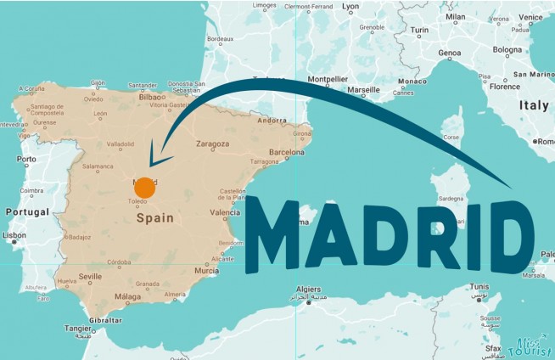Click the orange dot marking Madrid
coord(145,188)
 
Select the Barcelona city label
coord(286,153)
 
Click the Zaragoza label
coord(212,144)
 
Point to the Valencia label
coord(225,212)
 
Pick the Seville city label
coord(90,277)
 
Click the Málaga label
coord(126,296)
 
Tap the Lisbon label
coord(14,235)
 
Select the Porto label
coord(27,159)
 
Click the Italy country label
coord(535,106)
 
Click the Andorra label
coord(272,121)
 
